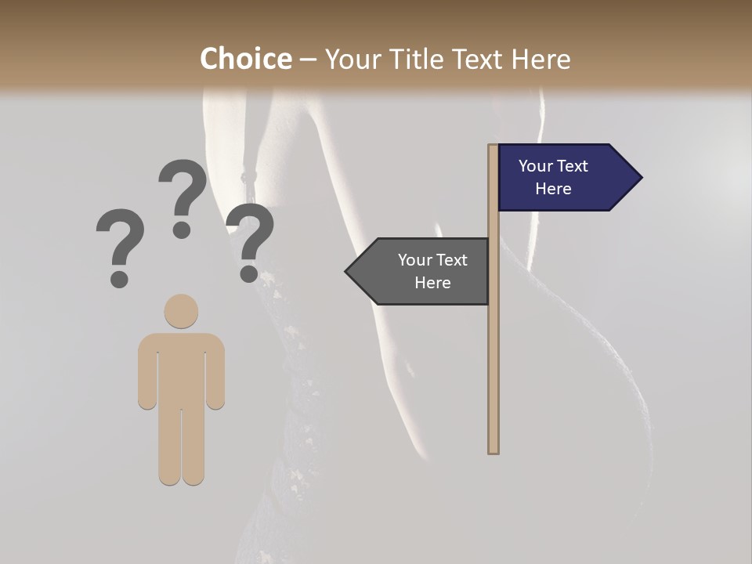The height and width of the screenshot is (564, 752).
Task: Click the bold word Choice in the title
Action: [245, 60]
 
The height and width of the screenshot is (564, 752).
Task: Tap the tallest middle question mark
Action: [183, 188]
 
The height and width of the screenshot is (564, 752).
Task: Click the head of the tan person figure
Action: [181, 311]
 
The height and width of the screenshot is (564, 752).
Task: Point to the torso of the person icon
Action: [181, 368]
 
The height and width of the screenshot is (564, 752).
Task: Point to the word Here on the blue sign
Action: [553, 189]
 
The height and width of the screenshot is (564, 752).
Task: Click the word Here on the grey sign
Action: [432, 283]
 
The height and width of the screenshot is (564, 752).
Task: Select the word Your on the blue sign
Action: [535, 166]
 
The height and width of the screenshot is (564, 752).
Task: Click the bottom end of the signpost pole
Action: [493, 450]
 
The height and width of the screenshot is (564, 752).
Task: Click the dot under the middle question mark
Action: [182, 229]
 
